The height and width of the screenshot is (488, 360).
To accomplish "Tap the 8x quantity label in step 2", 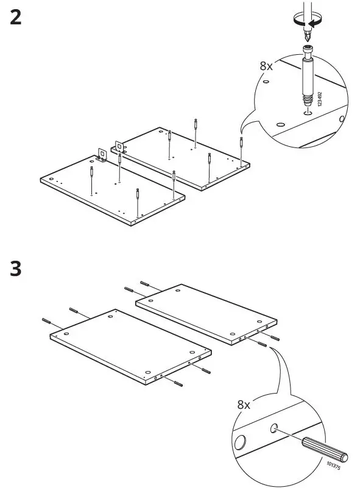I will click(266, 66).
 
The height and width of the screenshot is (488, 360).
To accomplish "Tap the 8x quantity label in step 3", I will click(244, 404).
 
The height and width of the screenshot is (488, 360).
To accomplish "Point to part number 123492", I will click(320, 101).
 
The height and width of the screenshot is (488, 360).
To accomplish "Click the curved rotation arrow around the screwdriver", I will click(306, 20).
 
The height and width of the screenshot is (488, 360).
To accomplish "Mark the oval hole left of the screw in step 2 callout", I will click(280, 124).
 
